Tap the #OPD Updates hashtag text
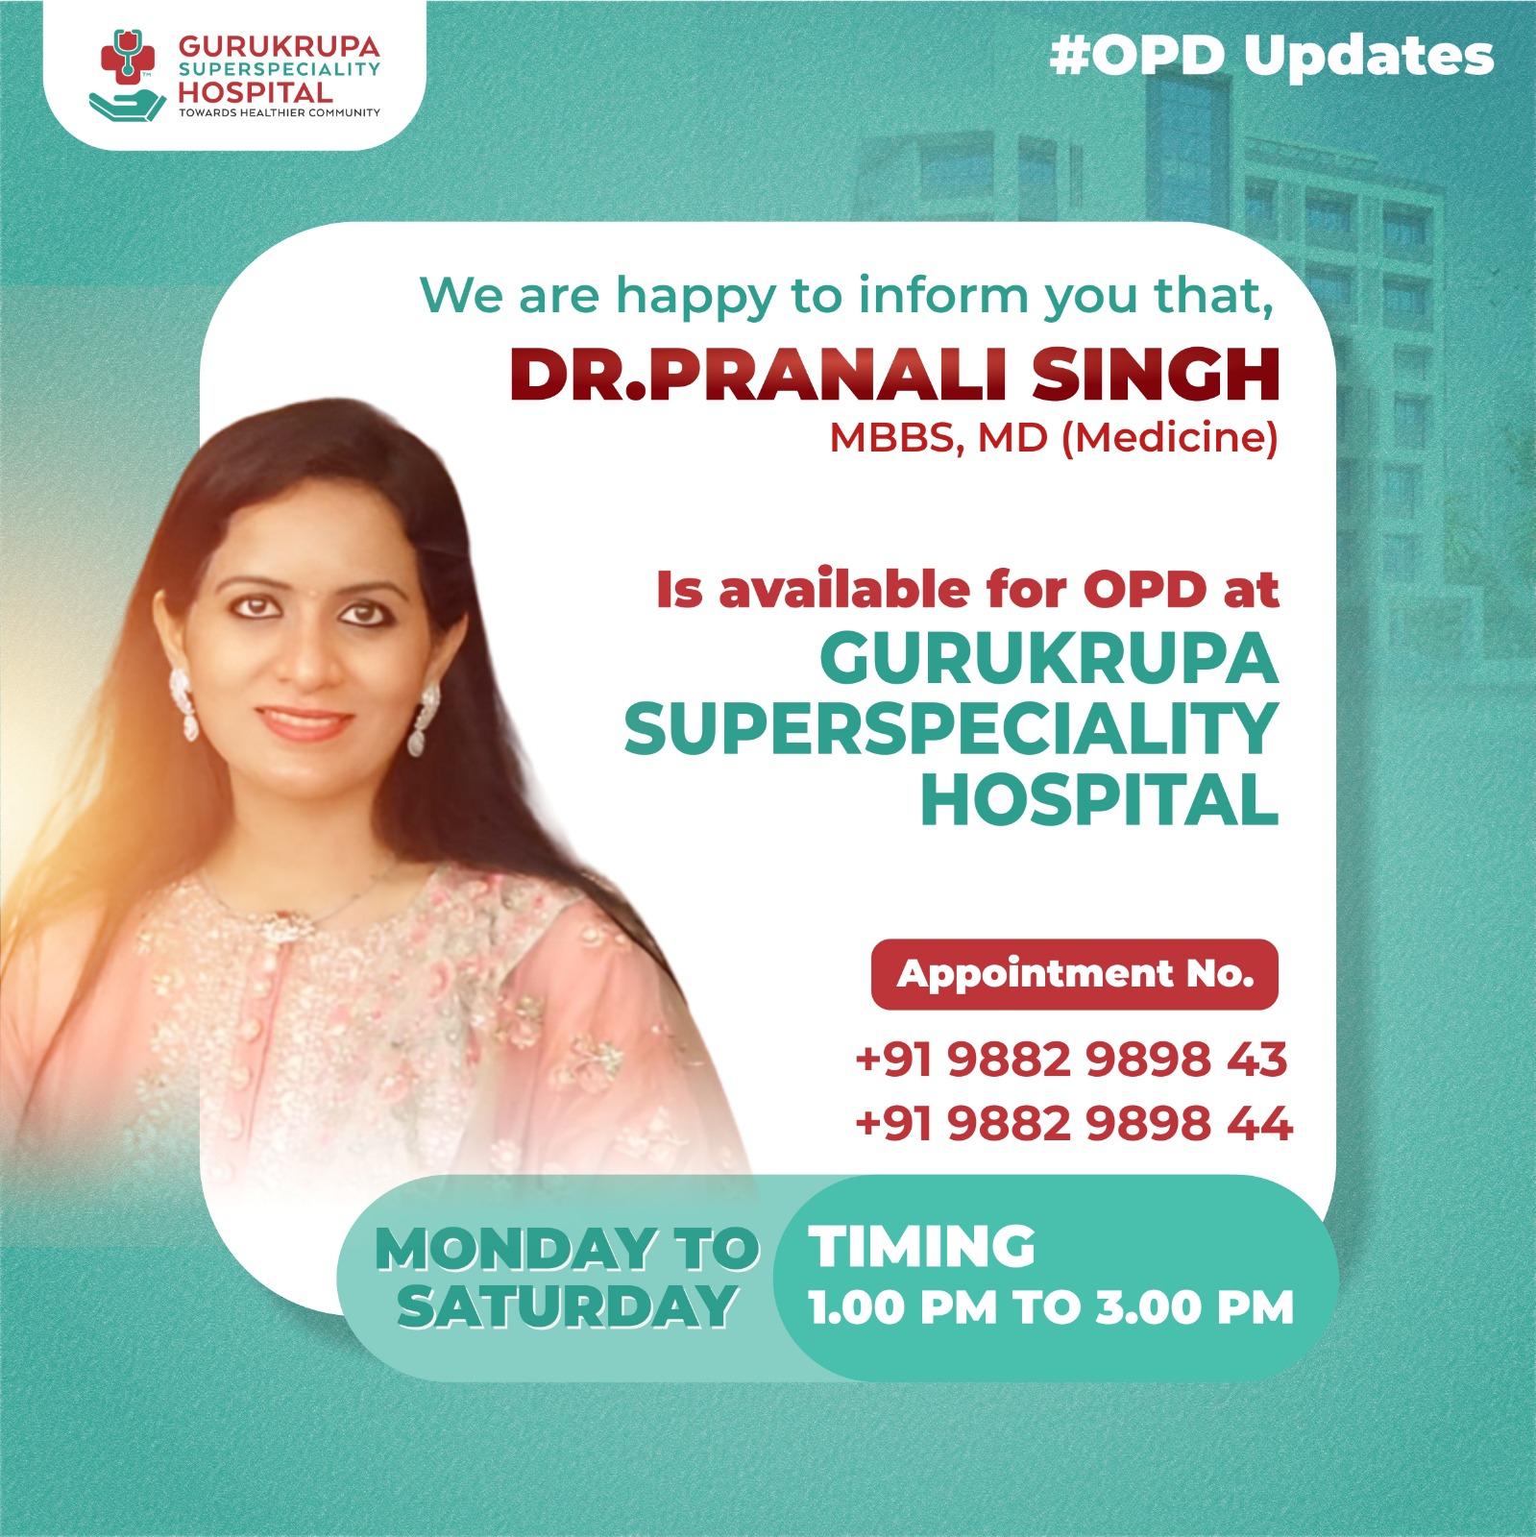click(x=1271, y=56)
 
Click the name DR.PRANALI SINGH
click(x=893, y=374)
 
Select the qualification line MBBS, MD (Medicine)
click(x=1053, y=438)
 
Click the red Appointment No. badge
click(x=1074, y=974)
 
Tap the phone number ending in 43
click(x=1070, y=1060)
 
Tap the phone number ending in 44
click(x=1073, y=1123)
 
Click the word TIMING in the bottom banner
click(x=921, y=1247)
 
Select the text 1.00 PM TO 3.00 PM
click(x=1051, y=1308)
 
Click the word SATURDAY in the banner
click(x=567, y=1307)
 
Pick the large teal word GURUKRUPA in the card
click(x=1048, y=659)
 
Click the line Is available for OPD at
click(x=966, y=589)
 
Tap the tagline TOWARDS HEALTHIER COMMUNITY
click(x=279, y=113)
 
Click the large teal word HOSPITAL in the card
click(x=1099, y=800)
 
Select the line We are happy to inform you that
click(x=846, y=296)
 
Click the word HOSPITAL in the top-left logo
click(x=256, y=93)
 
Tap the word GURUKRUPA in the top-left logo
click(x=279, y=46)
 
